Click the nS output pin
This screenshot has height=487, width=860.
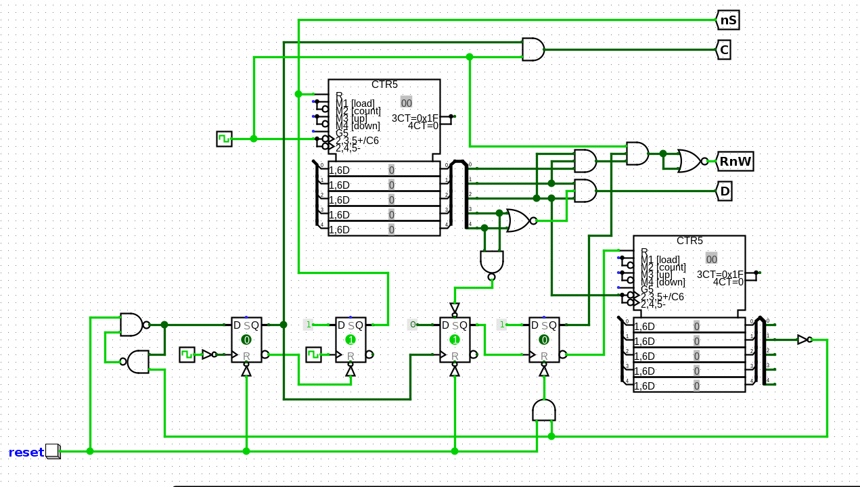point(727,20)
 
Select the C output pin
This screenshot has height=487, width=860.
point(723,49)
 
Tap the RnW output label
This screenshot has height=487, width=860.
point(735,162)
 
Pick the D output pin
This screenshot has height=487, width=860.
point(724,191)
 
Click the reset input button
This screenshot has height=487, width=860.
point(53,451)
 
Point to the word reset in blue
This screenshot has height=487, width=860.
point(26,453)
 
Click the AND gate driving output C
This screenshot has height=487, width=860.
point(533,49)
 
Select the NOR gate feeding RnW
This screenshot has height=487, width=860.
point(689,162)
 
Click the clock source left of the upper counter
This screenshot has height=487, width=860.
point(224,139)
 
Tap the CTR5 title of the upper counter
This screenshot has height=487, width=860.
point(384,85)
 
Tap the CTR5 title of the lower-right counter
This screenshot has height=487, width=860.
point(689,241)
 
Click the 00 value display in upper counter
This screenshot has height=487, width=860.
point(406,103)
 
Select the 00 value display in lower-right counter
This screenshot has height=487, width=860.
point(711,259)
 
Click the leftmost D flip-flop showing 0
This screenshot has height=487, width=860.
point(246,340)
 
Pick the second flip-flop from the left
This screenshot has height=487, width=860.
point(350,340)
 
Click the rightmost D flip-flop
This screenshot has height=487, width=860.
point(544,340)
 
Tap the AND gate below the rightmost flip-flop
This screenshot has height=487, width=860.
point(544,410)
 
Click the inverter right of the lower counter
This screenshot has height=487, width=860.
point(803,340)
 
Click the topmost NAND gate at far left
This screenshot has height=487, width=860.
point(132,325)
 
